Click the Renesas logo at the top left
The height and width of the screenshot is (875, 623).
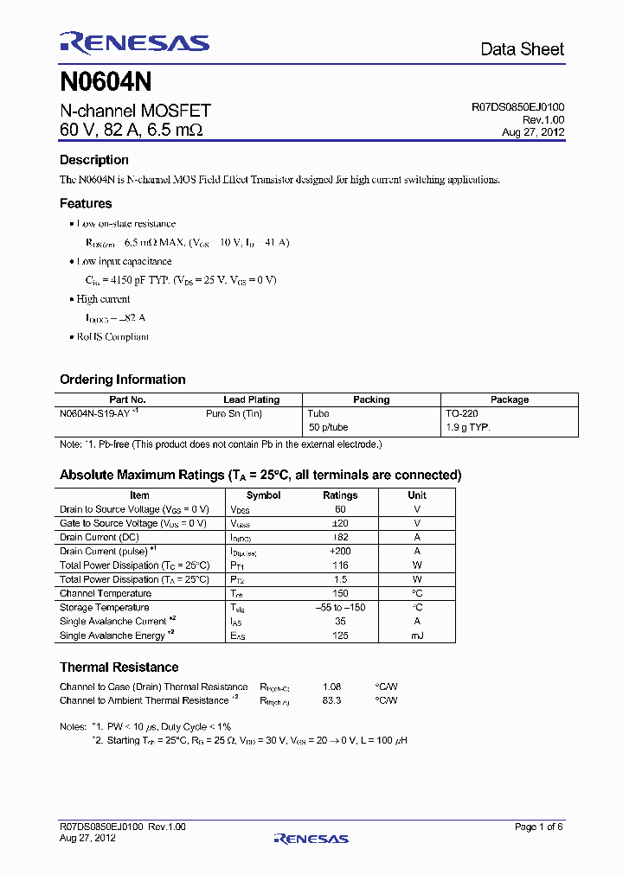[134, 43]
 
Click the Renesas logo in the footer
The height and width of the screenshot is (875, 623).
[311, 838]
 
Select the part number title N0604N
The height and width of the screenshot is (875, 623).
[106, 82]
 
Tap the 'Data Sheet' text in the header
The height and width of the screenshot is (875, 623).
[522, 49]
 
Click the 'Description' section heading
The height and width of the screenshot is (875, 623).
[94, 160]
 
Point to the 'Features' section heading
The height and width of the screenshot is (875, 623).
[86, 204]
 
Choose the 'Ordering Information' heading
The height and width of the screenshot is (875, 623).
[122, 380]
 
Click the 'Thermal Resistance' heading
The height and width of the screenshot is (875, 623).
[119, 667]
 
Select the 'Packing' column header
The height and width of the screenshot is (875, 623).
[371, 400]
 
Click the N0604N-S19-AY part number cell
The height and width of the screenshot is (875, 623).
[95, 414]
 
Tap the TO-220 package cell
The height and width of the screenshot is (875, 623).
[461, 414]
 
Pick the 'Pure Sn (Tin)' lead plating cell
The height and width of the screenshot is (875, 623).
[234, 414]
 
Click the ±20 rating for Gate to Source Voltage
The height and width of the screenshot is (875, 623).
[340, 523]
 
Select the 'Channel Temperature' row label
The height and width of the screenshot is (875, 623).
[106, 593]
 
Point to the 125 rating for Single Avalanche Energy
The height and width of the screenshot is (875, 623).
[340, 635]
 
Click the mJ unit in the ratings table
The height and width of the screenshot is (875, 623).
[417, 635]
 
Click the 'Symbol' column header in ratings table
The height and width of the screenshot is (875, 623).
[263, 495]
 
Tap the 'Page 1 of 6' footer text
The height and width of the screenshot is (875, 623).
[539, 827]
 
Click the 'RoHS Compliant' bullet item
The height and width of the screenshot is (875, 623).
[112, 336]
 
